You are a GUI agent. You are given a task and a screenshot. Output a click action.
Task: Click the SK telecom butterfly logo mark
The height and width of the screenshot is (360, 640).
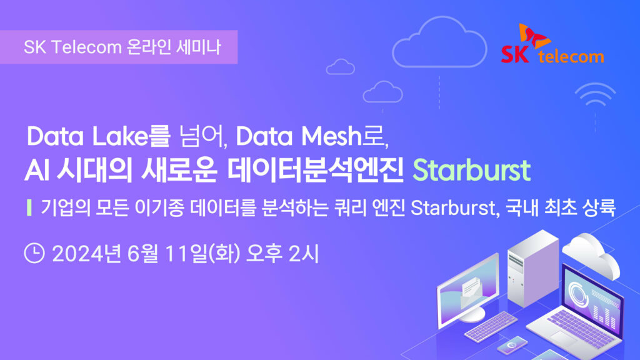[534, 36]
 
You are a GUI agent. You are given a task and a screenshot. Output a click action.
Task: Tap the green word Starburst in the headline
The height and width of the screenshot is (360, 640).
[471, 170]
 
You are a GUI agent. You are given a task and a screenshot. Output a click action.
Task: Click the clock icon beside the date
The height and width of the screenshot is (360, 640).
[34, 253]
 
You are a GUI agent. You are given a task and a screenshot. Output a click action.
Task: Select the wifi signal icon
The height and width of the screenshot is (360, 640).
[595, 95]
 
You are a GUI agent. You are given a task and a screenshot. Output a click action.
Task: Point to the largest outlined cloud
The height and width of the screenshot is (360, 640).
[439, 42]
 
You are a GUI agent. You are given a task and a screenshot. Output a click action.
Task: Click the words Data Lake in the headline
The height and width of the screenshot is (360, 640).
[87, 136]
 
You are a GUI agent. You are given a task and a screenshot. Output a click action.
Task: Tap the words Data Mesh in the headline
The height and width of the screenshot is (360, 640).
[299, 136]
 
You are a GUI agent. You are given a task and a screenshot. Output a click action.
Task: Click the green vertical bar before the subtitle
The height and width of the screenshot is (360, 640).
[29, 207]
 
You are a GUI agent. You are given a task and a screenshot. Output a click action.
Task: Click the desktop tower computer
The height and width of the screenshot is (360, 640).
[533, 269]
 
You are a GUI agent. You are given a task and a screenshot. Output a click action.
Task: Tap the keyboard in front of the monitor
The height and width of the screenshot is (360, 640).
[491, 326]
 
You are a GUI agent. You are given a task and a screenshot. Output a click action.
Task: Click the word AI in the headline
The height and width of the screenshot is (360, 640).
[37, 171]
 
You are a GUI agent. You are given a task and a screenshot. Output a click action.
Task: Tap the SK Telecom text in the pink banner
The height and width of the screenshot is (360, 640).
[72, 47]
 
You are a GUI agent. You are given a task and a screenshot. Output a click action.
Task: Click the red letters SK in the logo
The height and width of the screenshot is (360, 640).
[515, 54]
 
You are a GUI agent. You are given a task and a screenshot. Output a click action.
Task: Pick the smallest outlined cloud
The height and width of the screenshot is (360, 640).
[341, 67]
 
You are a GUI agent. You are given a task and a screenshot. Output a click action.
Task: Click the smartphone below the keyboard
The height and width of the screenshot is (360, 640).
[512, 345]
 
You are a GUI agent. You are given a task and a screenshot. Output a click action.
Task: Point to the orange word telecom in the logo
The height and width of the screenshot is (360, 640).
[571, 56]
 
